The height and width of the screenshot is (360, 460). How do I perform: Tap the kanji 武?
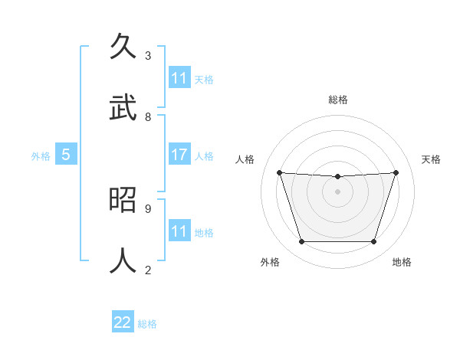(124, 107)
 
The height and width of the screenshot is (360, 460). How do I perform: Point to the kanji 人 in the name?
(124, 260)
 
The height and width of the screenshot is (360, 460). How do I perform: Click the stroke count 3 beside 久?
(148, 55)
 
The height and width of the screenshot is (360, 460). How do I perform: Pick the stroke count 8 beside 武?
(148, 116)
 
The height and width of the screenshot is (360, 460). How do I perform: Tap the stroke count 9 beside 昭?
(148, 208)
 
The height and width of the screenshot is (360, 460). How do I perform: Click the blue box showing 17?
(179, 155)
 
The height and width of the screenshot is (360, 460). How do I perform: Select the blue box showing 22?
(123, 322)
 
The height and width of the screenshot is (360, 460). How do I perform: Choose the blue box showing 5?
(66, 155)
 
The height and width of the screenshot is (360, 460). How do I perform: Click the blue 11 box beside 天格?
(179, 78)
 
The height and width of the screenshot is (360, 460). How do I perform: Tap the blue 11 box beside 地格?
(179, 231)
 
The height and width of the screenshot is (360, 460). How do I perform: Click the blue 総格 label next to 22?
(147, 324)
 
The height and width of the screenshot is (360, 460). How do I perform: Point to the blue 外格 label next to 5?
(41, 156)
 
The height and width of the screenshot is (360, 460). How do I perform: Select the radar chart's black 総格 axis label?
(338, 100)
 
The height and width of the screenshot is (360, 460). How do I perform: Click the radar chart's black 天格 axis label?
(432, 159)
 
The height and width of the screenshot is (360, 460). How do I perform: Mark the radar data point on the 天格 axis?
(396, 172)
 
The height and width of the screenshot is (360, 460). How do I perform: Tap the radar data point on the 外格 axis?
(301, 242)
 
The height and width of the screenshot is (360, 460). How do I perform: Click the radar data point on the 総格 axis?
(338, 177)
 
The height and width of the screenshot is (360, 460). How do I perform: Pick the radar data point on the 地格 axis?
(374, 242)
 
